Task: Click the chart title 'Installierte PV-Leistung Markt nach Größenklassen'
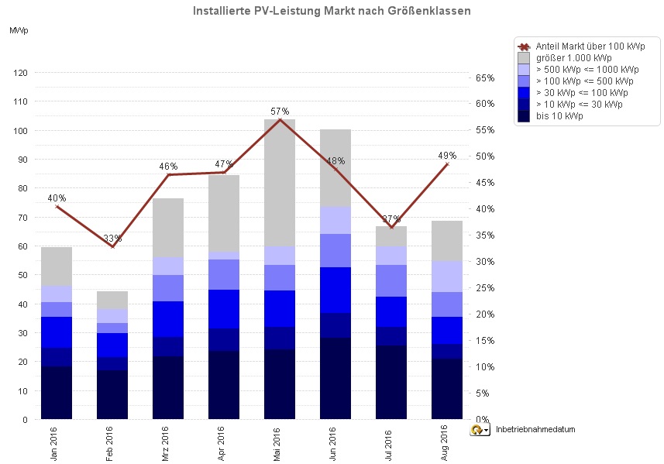[332, 11]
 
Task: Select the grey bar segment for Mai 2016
[280, 183]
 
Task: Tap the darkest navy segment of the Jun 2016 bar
[335, 378]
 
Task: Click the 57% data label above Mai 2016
[280, 112]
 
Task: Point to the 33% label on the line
[112, 238]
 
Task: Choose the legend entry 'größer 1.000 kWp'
[573, 57]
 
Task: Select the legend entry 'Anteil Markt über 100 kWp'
[590, 46]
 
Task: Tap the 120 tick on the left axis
[20, 73]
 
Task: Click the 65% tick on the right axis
[485, 78]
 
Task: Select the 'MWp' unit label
[19, 30]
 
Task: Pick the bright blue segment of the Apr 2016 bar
[224, 308]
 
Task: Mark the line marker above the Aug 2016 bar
[447, 164]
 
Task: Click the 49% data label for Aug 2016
[447, 156]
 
